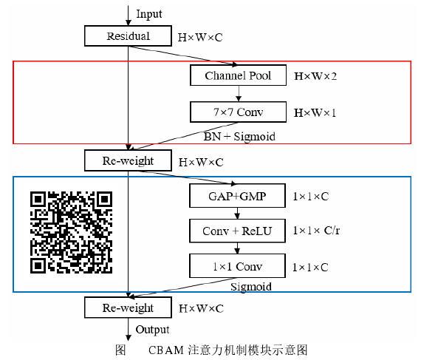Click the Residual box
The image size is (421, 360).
[x=128, y=36]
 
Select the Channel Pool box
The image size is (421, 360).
[x=238, y=75]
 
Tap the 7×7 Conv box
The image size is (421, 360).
[x=238, y=112]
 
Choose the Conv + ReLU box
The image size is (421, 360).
[x=238, y=231]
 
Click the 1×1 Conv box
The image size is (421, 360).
[x=238, y=266]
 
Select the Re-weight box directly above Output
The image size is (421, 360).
[x=129, y=308]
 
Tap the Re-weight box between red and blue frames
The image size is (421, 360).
[x=129, y=160]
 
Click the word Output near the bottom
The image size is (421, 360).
[x=152, y=330]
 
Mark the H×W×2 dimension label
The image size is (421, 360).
[x=317, y=76]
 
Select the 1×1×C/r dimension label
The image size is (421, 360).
[x=321, y=231]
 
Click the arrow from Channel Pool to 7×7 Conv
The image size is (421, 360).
[x=238, y=93]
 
